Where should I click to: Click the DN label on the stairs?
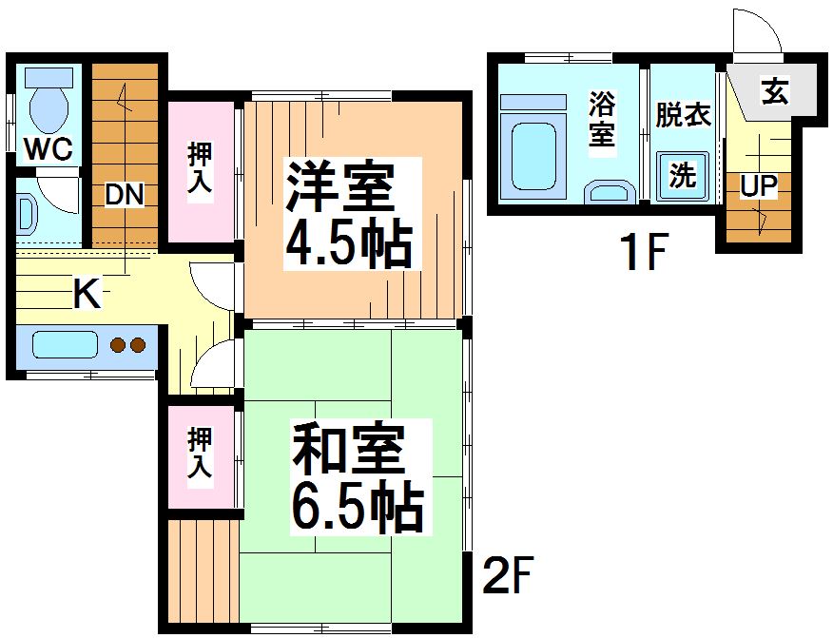pyautogui.click(x=124, y=196)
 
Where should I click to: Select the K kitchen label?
pyautogui.click(x=87, y=295)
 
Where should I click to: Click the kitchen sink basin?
pyautogui.click(x=66, y=345)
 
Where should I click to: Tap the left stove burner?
pyautogui.click(x=118, y=345)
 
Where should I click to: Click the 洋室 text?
pyautogui.click(x=340, y=188)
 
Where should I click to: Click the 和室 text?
pyautogui.click(x=348, y=452)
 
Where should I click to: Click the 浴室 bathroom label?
pyautogui.click(x=601, y=119)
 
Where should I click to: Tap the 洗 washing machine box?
pyautogui.click(x=683, y=175)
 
